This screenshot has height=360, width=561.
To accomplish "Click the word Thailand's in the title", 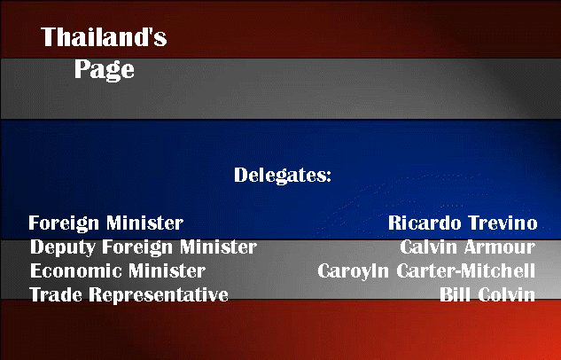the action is [x=104, y=37].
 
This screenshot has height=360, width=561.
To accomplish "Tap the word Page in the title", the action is [x=104, y=70].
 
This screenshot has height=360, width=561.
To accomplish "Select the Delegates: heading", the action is [x=283, y=176].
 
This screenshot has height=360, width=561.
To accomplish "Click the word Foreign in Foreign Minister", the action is [x=64, y=223].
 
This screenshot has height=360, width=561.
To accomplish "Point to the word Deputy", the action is [x=63, y=247].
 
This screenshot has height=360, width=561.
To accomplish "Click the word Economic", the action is [x=76, y=270].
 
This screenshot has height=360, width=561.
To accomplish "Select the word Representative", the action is [x=159, y=295].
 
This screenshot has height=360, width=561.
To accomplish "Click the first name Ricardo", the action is [x=425, y=223].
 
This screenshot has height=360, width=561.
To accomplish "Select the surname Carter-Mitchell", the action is [x=465, y=270].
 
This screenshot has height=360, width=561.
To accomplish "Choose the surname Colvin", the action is [x=506, y=294].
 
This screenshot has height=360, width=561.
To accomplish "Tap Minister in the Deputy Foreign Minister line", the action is [x=218, y=247].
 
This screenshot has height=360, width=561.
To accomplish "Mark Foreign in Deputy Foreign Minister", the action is [x=137, y=247].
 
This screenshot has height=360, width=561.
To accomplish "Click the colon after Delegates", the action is [x=329, y=176].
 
